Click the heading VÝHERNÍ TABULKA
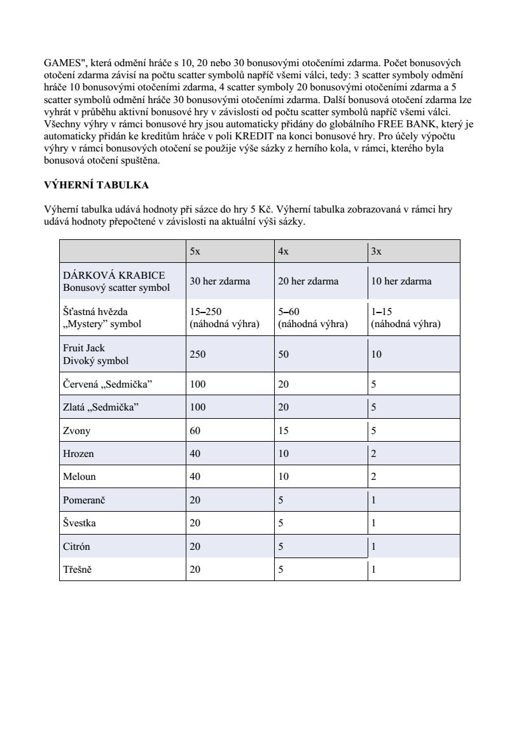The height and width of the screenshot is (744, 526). pos(96,185)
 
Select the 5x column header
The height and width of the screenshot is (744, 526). pos(195,251)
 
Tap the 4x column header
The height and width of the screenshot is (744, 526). pos(284,251)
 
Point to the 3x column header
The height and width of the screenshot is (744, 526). pos(377,251)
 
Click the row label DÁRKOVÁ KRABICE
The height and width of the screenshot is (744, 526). pos(114,275)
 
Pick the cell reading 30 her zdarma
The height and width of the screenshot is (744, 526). pos(220,281)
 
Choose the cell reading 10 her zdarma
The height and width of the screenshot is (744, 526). pos(401,281)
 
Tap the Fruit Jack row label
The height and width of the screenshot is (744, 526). pos(84,348)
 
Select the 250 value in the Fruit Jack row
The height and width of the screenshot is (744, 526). pos(198,354)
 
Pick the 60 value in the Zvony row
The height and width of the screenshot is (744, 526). pos(195,431)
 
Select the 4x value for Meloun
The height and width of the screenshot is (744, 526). pos(284,477)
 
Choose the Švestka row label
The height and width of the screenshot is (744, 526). pos(80,523)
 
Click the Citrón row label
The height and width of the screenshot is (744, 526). pos(76,547)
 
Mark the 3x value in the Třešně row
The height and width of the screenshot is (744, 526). pos(374,570)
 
